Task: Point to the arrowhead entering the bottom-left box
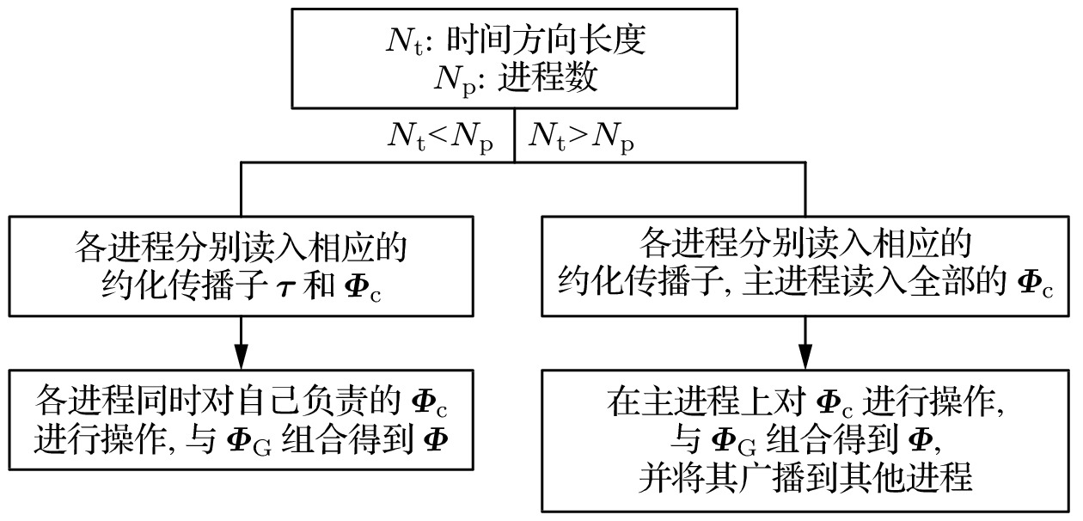[x=242, y=355]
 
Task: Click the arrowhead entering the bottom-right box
[x=805, y=355]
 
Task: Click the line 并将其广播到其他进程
[x=805, y=477]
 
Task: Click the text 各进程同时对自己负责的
[x=215, y=401]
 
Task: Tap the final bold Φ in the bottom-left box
[x=436, y=439]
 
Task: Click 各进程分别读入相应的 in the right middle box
[x=805, y=244]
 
